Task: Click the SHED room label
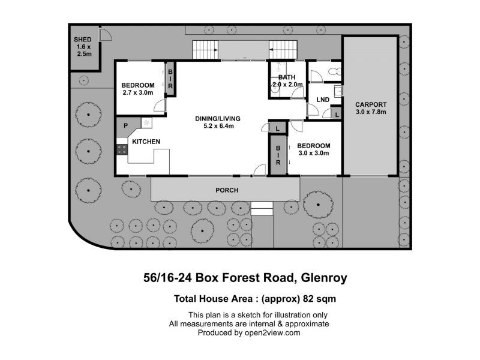point(83,40)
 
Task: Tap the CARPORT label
point(371,104)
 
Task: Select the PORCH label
point(227,190)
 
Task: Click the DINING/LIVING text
point(218,118)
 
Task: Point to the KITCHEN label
point(146,142)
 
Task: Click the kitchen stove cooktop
point(122,149)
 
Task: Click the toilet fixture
point(335,71)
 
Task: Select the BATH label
point(287,77)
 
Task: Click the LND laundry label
point(323,100)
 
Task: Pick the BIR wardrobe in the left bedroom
point(170,79)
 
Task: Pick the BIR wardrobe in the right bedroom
point(278,155)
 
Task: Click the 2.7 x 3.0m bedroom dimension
point(138,92)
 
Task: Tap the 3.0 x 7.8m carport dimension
point(371,112)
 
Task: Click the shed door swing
point(106,34)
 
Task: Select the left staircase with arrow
point(205,50)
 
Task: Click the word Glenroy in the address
point(324,278)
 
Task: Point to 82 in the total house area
point(308,298)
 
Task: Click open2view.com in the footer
point(272,333)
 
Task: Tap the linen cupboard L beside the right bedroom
point(278,128)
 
